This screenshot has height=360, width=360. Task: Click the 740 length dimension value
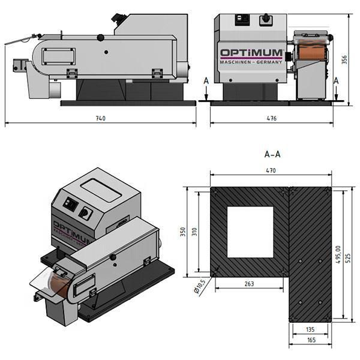[x=101, y=118]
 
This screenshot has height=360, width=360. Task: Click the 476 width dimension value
[x=272, y=118]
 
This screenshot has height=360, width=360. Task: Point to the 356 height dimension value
[x=344, y=59]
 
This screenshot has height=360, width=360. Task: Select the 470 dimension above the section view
[x=271, y=170]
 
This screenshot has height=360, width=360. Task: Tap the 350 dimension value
[x=183, y=232]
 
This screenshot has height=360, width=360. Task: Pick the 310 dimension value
[x=194, y=232]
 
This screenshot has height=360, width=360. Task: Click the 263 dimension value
[x=249, y=284]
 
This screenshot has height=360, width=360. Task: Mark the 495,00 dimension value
[x=338, y=254]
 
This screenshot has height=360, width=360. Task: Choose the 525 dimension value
[x=348, y=258]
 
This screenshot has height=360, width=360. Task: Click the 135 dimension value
[x=310, y=329]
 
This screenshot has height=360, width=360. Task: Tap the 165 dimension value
[x=311, y=340]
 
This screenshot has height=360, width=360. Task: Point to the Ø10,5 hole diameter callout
[x=200, y=287]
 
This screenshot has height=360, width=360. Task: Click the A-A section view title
[x=272, y=154]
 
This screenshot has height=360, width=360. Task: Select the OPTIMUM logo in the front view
[x=251, y=53]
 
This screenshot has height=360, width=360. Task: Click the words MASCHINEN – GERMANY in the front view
[x=251, y=62]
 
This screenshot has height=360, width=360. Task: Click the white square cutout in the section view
[x=250, y=232]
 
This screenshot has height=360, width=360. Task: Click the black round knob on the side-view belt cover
[x=100, y=38]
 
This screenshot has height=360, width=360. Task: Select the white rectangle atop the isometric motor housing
[x=101, y=190]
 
